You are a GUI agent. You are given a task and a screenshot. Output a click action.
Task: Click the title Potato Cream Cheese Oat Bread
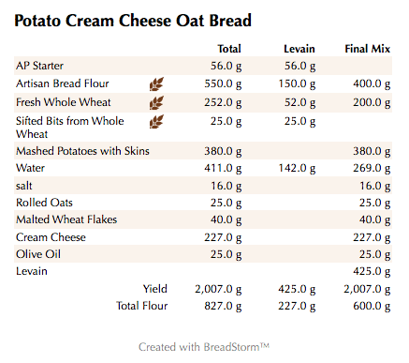coord(132,20)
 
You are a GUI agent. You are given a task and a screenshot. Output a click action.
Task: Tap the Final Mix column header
coord(368,48)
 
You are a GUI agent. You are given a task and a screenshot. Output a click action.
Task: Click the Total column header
coord(228,48)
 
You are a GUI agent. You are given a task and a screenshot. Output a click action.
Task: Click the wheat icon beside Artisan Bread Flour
coord(156,83)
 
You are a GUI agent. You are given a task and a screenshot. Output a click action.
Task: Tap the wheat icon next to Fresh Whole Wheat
coord(156,101)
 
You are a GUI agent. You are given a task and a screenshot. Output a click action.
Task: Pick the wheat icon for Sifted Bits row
coord(156,121)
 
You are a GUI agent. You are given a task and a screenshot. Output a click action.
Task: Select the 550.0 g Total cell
coord(223,83)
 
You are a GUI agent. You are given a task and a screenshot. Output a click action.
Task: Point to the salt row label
coord(24,186)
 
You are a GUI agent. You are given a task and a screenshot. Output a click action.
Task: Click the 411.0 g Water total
coord(223,168)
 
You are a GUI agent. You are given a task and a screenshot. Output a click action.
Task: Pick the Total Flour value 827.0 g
coord(223,305)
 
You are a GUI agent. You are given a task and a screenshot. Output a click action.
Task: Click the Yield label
coord(154,288)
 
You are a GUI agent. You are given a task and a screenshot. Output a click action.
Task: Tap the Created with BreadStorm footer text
coord(204,346)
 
